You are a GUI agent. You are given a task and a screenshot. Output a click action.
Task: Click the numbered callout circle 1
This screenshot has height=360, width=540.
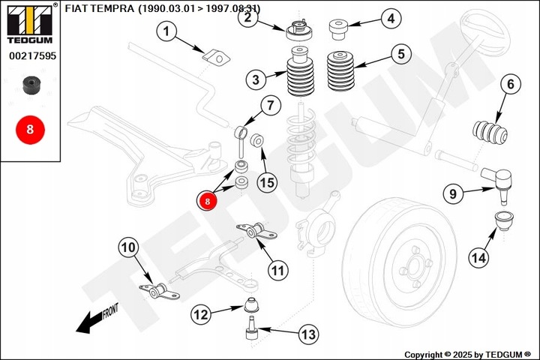pos(166,31)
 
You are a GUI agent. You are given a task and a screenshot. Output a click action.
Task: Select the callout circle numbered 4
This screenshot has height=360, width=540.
pos(391,18)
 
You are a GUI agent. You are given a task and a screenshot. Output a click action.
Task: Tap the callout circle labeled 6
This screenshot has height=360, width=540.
pos(511,84)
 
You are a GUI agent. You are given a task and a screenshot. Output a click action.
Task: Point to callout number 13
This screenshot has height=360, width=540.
pos(308,334)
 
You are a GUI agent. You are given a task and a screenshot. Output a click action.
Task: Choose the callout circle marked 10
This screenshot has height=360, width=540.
pos(128,247)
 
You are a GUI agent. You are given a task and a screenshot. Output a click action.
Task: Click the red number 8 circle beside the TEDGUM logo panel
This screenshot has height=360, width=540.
pos(30,130)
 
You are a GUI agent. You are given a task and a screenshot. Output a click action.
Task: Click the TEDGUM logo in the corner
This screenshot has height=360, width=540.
pos(29,23)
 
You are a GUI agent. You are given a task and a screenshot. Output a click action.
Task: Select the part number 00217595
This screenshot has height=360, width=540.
pos(32,55)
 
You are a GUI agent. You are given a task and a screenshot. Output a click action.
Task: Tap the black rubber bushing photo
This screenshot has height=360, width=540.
pos(31,85)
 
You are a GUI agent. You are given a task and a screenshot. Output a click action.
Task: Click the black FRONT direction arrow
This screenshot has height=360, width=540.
pos(97,319)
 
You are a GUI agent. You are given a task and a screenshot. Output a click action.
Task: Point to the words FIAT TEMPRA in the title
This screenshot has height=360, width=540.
pos(100,8)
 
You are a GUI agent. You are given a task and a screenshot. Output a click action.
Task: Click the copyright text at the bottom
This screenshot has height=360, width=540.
pos(468,355)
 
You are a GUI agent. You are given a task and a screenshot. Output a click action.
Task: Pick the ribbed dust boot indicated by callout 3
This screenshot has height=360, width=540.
pos(300,72)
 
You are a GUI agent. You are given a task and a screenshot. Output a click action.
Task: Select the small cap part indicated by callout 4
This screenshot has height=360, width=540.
pos(338,30)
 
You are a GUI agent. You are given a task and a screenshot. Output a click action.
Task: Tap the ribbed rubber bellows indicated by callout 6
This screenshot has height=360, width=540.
pos(490,132)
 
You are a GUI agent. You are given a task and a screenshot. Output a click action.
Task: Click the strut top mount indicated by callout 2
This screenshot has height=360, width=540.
pos(299,30)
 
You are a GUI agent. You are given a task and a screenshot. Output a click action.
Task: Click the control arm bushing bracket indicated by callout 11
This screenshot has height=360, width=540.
pos(257,231)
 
